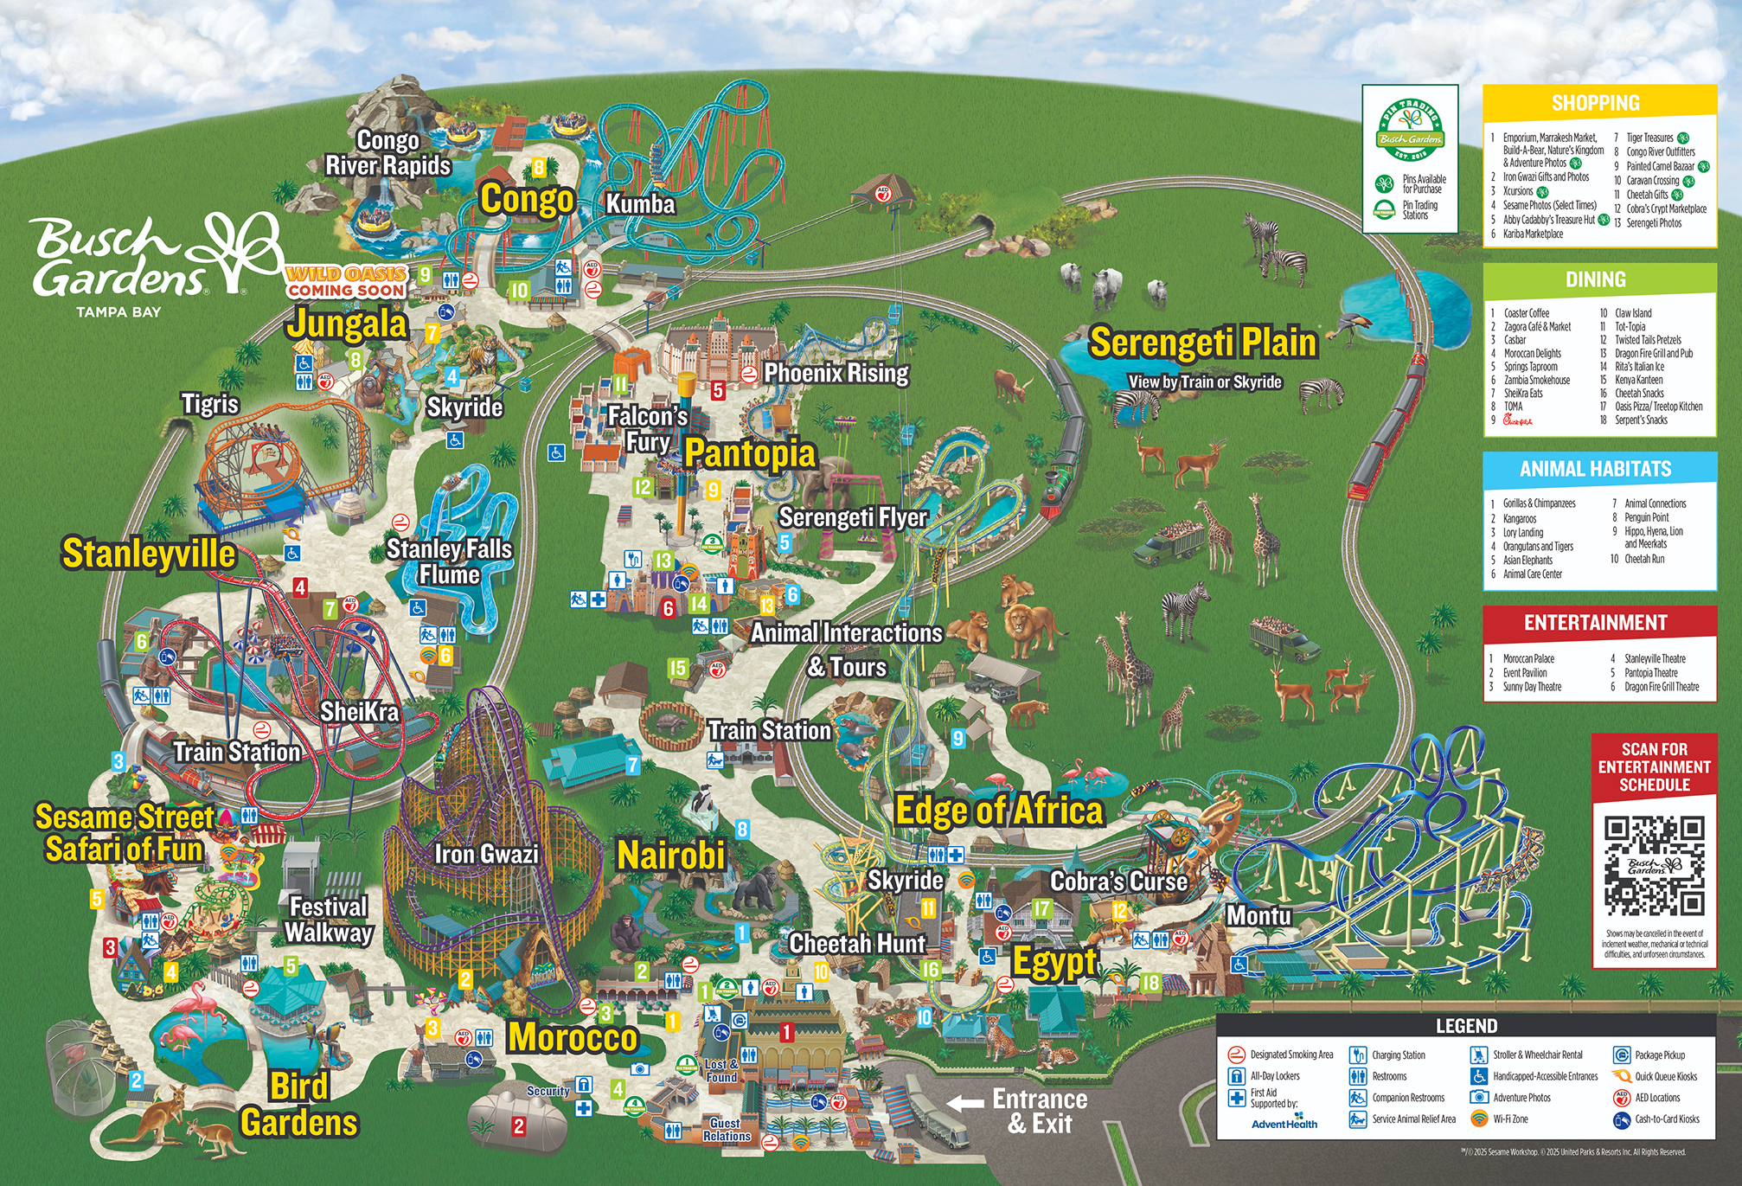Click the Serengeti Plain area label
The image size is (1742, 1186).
(x=1202, y=343)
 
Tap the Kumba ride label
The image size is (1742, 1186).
(x=640, y=204)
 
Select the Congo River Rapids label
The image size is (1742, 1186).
(x=387, y=153)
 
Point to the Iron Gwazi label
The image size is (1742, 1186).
(x=486, y=855)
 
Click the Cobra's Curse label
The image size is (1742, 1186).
(x=1118, y=881)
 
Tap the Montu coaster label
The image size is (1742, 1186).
(x=1258, y=915)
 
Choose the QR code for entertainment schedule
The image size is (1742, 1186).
(x=1654, y=865)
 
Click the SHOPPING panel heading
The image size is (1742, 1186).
(x=1595, y=103)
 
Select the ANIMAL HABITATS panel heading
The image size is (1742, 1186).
(x=1595, y=469)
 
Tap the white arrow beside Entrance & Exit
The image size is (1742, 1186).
(x=965, y=1103)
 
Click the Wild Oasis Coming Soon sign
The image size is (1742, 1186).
(x=346, y=282)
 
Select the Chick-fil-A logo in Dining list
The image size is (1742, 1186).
(x=1517, y=420)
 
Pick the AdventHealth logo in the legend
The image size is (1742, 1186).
(x=1284, y=1123)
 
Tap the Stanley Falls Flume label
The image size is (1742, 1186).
(x=449, y=561)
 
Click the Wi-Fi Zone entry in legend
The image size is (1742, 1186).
(x=1509, y=1119)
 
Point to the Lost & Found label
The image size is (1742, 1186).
(x=720, y=1071)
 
